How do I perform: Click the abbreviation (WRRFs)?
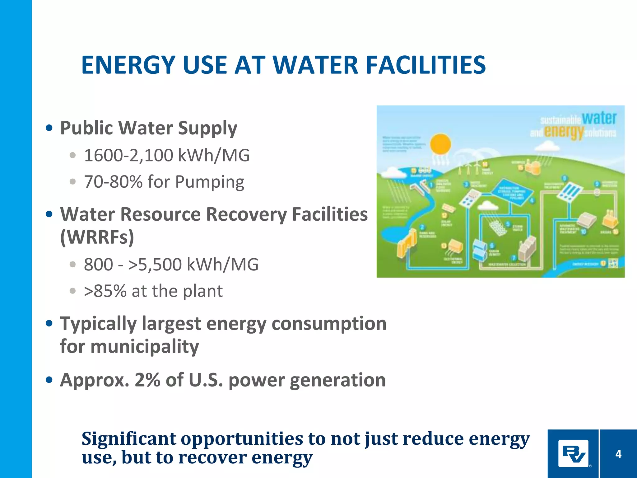pyautogui.click(x=97, y=237)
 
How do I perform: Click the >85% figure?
pyautogui.click(x=105, y=291)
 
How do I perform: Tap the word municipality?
pyautogui.click(x=145, y=346)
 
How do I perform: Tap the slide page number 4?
pyautogui.click(x=618, y=454)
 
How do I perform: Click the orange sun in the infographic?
pyautogui.click(x=440, y=144)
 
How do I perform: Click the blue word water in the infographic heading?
pyautogui.click(x=599, y=118)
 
